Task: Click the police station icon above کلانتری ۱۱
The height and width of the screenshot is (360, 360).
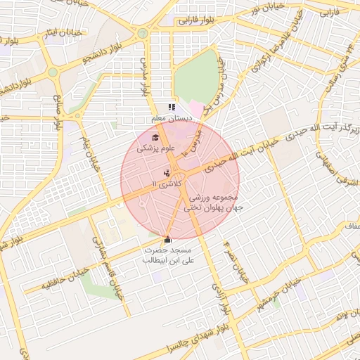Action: [167, 172]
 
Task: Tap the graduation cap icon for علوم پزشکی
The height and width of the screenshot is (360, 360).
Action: [154, 137]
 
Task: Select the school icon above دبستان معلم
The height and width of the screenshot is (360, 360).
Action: [171, 107]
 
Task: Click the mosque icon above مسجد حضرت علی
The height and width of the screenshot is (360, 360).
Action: [167, 240]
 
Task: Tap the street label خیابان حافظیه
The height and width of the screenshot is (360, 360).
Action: [56, 281]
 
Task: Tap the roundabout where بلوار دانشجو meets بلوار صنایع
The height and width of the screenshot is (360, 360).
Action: [52, 72]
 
